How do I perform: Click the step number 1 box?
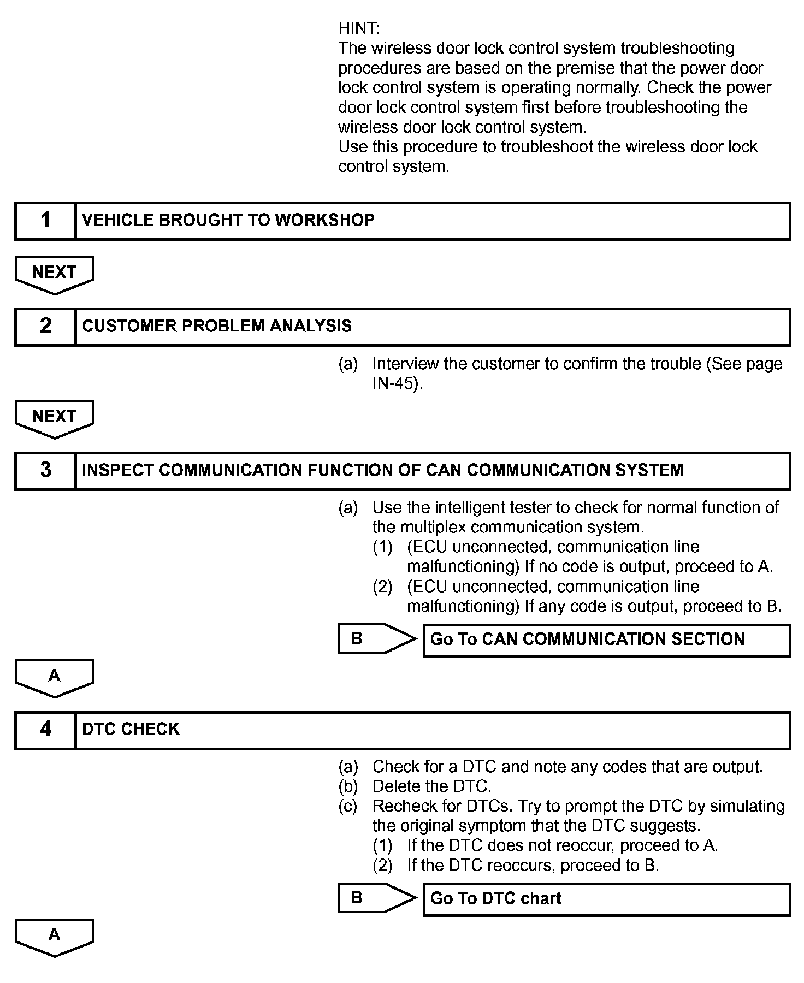click(x=45, y=221)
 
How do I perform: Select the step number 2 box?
click(x=45, y=327)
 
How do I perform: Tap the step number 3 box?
click(x=45, y=470)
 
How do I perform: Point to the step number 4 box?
click(x=45, y=730)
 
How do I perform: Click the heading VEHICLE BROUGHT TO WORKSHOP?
click(x=228, y=220)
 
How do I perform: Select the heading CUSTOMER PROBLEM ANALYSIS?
click(x=217, y=326)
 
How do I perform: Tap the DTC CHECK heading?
click(x=131, y=729)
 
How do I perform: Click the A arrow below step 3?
click(x=54, y=678)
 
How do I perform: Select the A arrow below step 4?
click(x=54, y=937)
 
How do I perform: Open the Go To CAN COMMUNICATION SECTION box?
click(x=606, y=639)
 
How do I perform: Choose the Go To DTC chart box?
click(x=606, y=899)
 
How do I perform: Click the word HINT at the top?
click(x=358, y=28)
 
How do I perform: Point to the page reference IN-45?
click(x=397, y=383)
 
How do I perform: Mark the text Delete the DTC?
click(x=431, y=786)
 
